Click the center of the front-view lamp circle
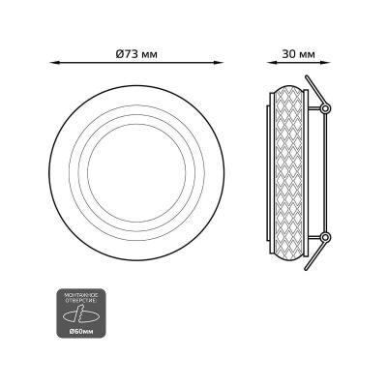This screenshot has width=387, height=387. pyautogui.click(x=136, y=168)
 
